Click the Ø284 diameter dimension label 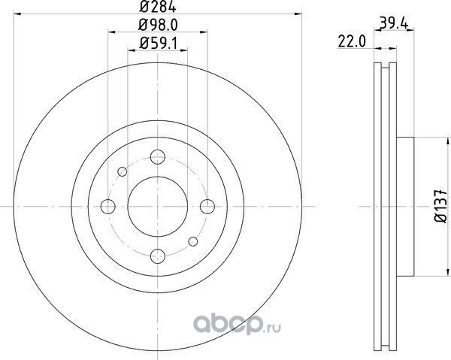158,7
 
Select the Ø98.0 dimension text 158,25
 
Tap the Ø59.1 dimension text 158,44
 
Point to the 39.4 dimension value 393,23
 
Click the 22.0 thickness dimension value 352,41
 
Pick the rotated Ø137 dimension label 441,206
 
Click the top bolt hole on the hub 158,157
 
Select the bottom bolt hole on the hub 158,256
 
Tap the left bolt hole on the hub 108,207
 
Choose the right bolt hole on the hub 207,207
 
